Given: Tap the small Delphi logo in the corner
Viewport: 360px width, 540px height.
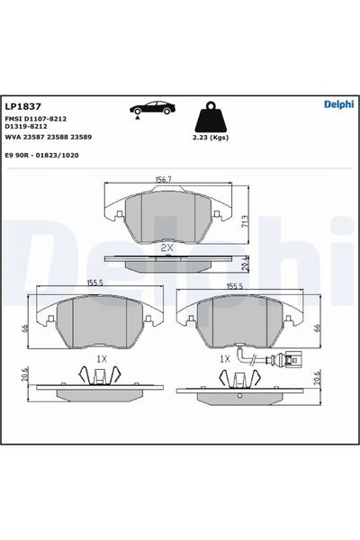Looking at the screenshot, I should pos(338,104).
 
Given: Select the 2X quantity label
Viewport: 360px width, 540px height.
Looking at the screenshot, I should pos(166,247).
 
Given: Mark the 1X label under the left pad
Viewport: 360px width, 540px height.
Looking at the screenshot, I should pos(102,358).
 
